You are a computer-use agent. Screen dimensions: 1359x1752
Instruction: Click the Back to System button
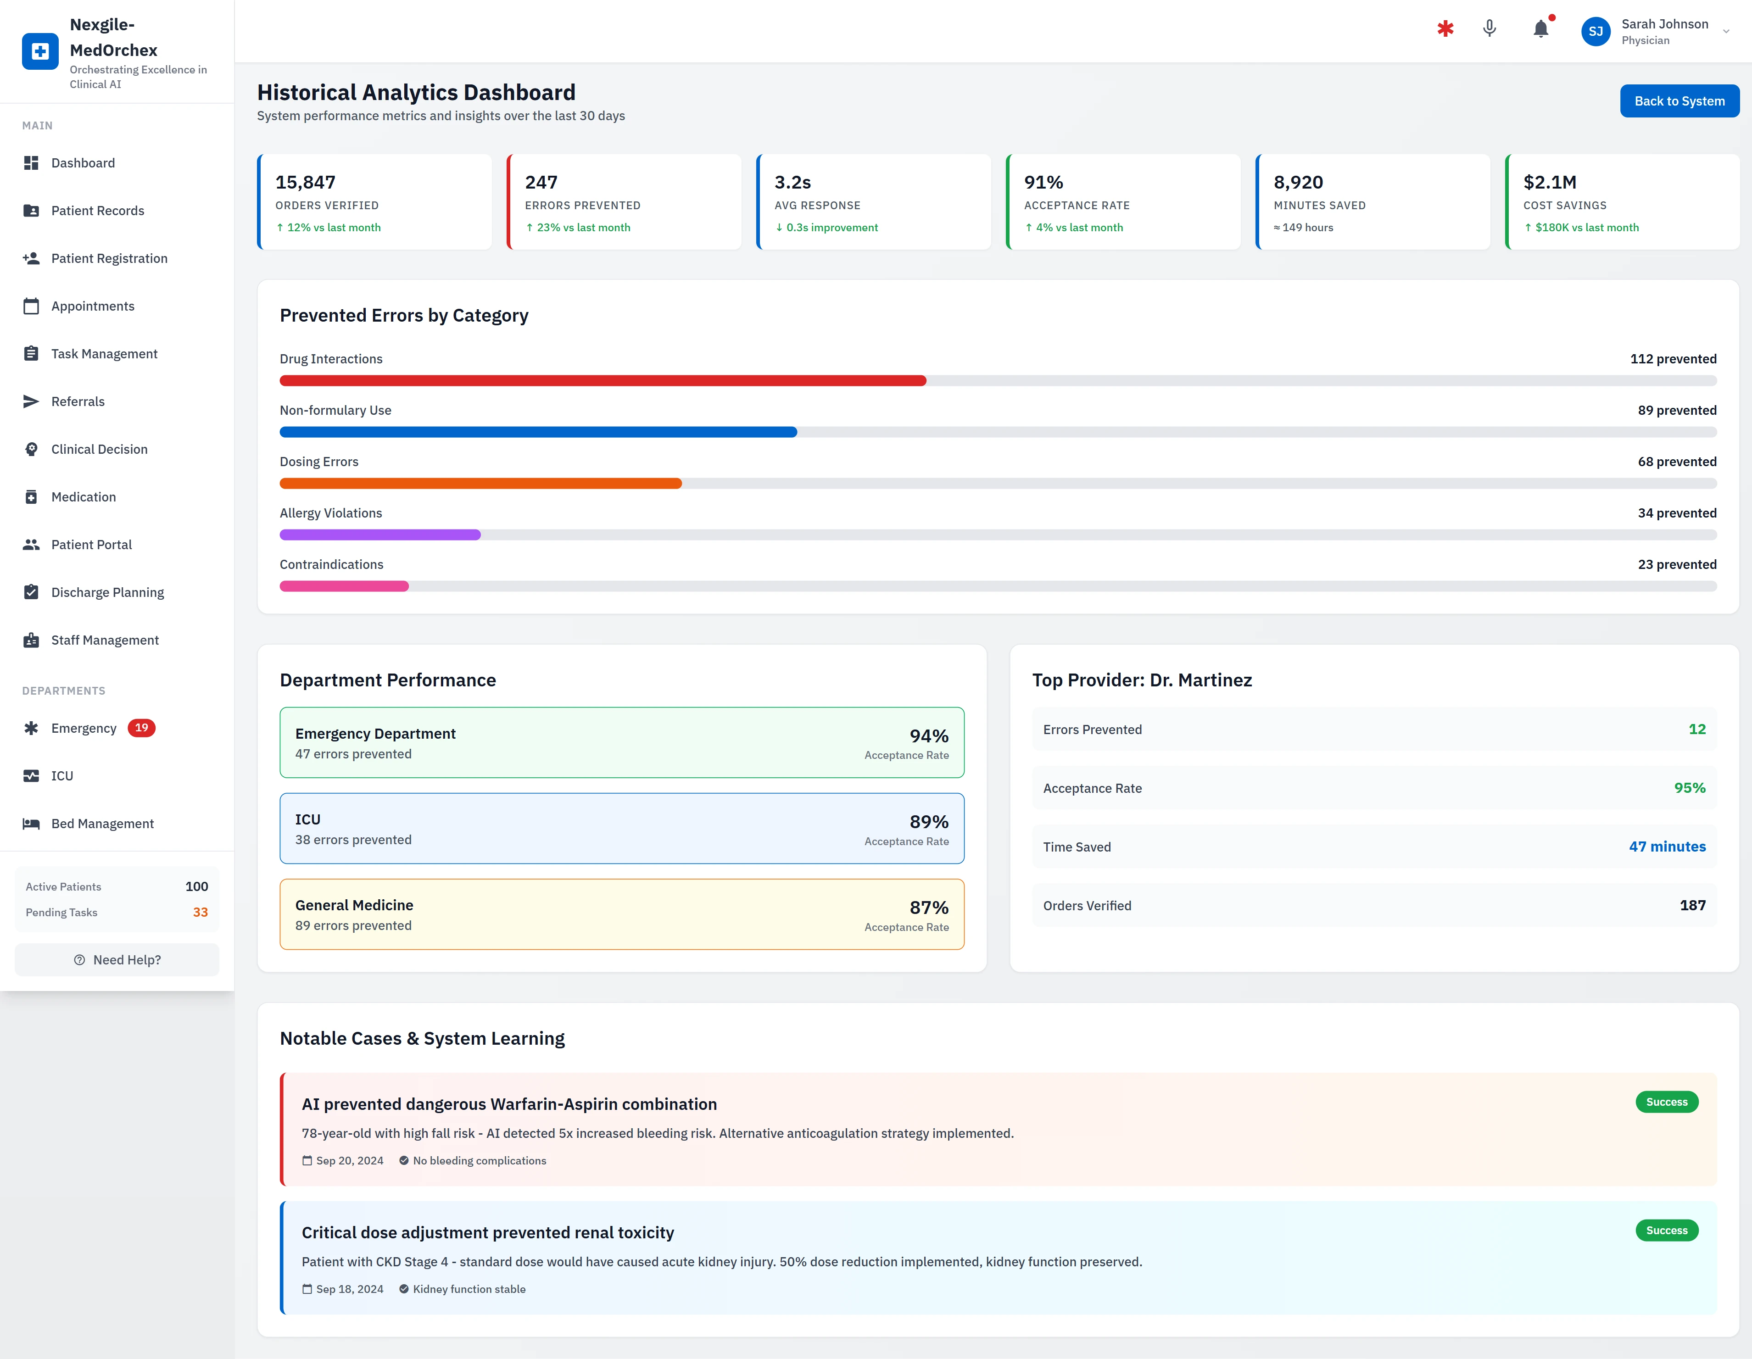click(1679, 101)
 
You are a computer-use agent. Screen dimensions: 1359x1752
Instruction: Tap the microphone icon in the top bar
click(1489, 29)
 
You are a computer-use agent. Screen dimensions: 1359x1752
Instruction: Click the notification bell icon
click(1540, 30)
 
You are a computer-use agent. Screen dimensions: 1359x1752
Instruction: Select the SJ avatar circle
click(1595, 31)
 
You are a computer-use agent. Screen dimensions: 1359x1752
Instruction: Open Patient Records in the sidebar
click(97, 210)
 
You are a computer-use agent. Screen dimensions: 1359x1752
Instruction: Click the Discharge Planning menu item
click(107, 592)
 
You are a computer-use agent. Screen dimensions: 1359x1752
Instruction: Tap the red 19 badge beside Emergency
click(141, 728)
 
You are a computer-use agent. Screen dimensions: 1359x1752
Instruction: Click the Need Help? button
click(117, 959)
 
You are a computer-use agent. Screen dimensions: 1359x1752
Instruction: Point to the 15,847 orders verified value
click(305, 182)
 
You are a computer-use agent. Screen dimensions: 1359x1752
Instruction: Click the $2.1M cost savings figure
click(1549, 182)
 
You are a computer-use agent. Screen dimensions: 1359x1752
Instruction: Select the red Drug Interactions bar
click(602, 380)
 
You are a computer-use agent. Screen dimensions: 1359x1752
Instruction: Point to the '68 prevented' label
click(1677, 461)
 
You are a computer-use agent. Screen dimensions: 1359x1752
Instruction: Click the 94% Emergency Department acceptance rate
click(928, 735)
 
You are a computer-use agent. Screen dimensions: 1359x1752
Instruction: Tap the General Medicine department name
click(354, 905)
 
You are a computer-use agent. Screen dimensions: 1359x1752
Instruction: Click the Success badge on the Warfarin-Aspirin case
click(1666, 1102)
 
